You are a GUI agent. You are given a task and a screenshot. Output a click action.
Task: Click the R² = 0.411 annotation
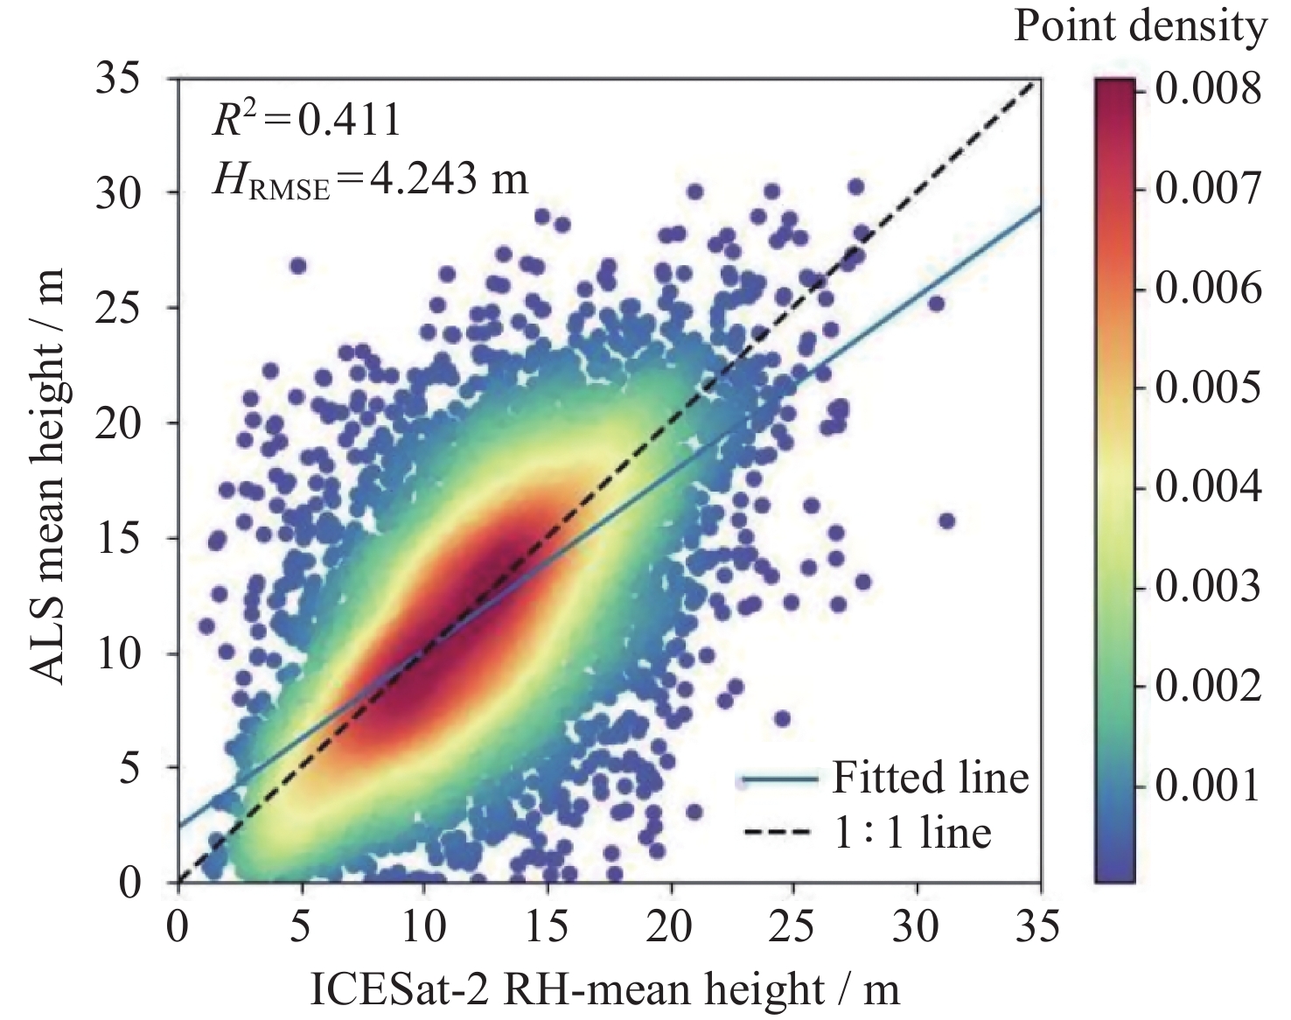pyautogui.click(x=306, y=120)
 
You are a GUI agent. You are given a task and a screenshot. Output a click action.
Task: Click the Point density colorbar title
pyautogui.click(x=1139, y=28)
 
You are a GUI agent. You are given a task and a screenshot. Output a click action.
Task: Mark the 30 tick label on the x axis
pyautogui.click(x=918, y=925)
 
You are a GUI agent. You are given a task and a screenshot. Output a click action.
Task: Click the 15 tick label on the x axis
pyautogui.click(x=548, y=925)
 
